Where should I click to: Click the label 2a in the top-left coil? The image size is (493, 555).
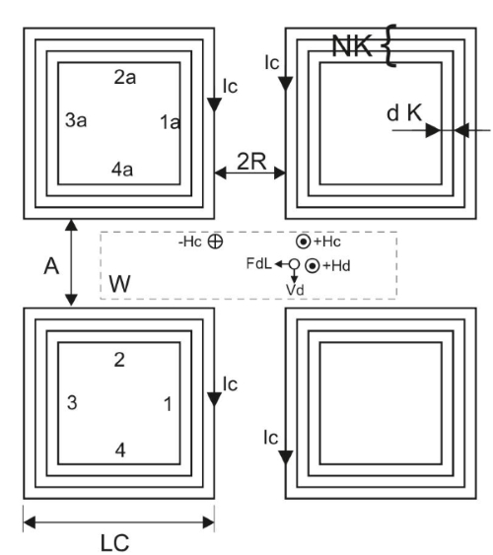[x=124, y=77]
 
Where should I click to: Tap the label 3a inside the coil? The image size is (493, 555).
[x=76, y=120]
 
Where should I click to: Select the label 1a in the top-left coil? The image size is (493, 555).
[x=171, y=122]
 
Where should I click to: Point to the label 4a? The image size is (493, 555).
[x=122, y=170]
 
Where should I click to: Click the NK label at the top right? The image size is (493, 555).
[x=352, y=46]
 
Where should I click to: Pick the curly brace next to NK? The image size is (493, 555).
[x=389, y=45]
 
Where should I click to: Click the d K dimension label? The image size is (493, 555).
[x=404, y=113]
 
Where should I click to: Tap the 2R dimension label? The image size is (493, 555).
[x=251, y=162]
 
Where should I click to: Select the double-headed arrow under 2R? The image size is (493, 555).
[x=249, y=173]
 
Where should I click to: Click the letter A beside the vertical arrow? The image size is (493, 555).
[x=51, y=266]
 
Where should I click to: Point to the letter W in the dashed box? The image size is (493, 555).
[x=119, y=283]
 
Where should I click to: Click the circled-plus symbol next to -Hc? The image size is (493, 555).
[x=215, y=242]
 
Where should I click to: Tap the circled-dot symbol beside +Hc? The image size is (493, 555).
[x=304, y=242]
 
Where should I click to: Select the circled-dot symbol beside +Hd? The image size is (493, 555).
[x=313, y=266]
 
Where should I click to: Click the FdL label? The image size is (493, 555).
[x=258, y=263]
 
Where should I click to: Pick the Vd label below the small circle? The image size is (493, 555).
[x=295, y=290]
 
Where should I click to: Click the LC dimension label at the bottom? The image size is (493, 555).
[x=114, y=543]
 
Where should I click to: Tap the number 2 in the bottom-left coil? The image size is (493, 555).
[x=119, y=360]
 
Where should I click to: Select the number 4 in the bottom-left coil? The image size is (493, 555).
[x=120, y=451]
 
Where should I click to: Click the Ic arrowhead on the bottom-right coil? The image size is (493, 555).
[x=286, y=457]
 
